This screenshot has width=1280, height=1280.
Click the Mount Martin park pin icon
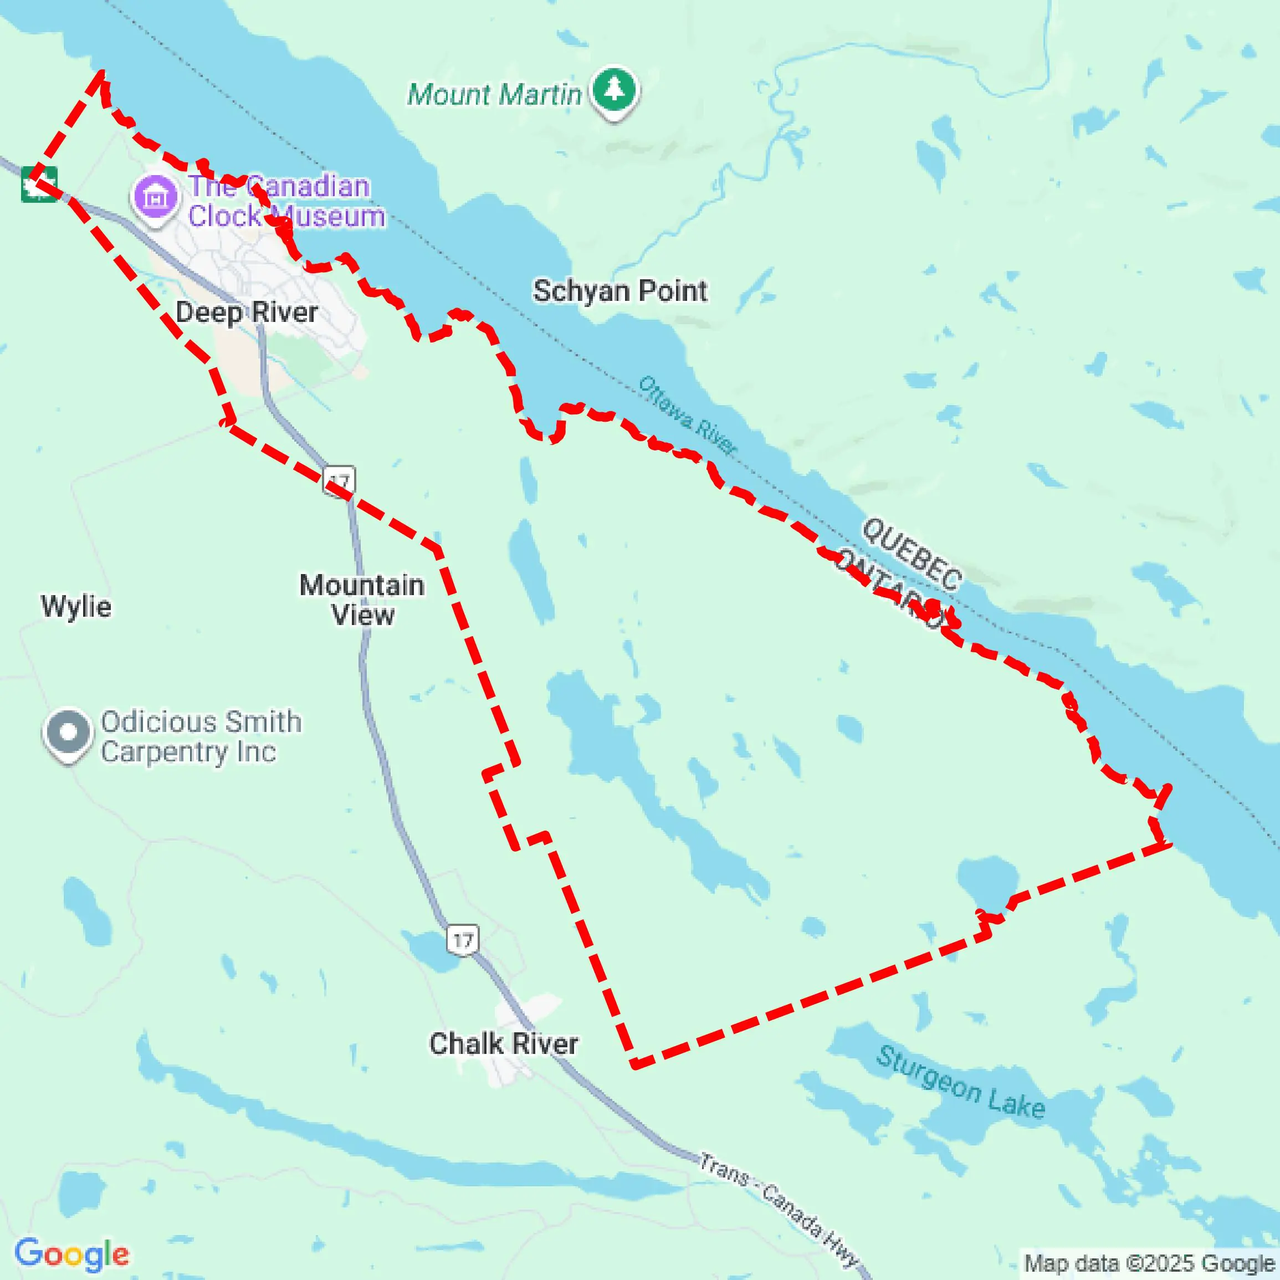click(x=614, y=89)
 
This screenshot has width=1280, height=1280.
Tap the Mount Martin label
click(x=494, y=95)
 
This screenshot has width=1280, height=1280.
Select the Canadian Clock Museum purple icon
click(x=156, y=197)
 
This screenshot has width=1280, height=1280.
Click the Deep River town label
click(x=247, y=312)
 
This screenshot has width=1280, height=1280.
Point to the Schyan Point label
click(x=619, y=291)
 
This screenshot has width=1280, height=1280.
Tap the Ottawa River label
click(x=687, y=416)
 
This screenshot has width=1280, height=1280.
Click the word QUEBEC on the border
click(x=912, y=554)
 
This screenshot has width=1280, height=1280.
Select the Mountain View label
click(x=362, y=600)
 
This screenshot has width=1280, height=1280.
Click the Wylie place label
click(x=76, y=606)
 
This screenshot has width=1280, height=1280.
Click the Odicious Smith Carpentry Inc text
click(x=201, y=736)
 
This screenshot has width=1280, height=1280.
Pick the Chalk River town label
click(x=504, y=1043)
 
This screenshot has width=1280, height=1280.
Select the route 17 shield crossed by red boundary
click(x=339, y=480)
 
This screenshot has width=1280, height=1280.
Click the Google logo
click(x=71, y=1253)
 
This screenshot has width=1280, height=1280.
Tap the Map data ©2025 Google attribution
click(x=1149, y=1263)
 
